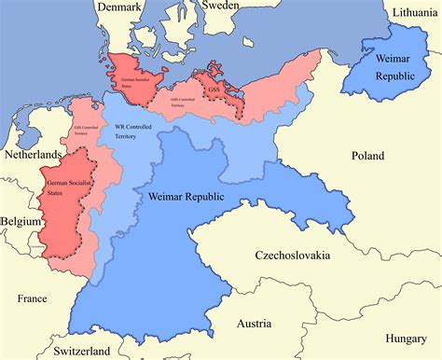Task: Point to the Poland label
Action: (366, 157)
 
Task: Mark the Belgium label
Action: (21, 221)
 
